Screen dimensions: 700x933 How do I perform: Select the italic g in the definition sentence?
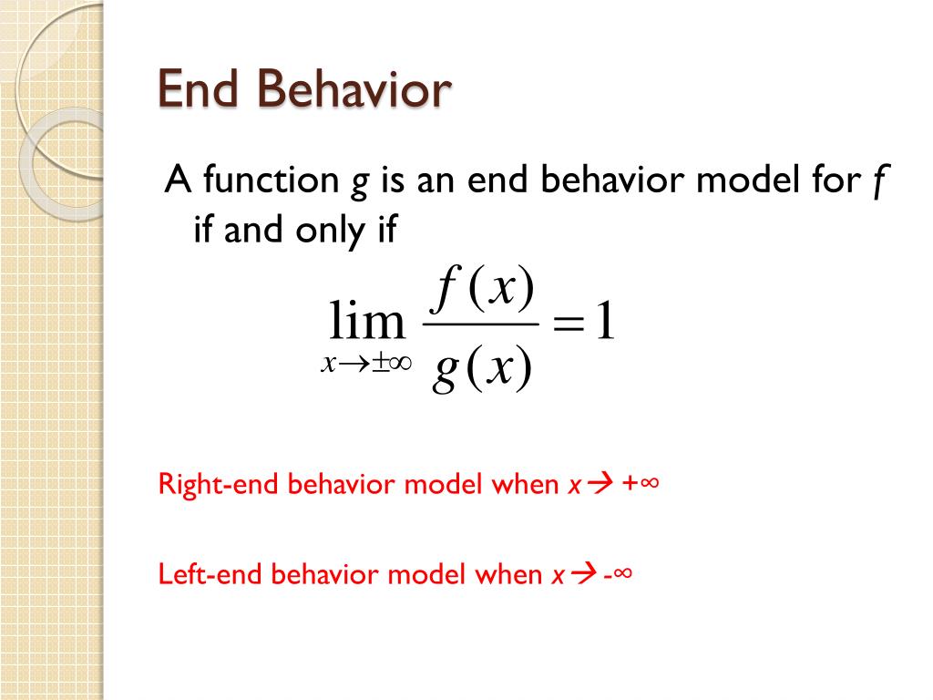360,184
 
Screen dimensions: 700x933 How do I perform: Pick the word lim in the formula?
366,323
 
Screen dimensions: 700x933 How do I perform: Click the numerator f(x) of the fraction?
484,292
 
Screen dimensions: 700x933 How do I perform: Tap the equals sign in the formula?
567,325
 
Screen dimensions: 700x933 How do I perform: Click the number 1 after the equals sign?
604,324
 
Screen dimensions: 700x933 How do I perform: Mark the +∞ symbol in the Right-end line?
641,484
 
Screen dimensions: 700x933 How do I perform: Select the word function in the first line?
270,181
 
